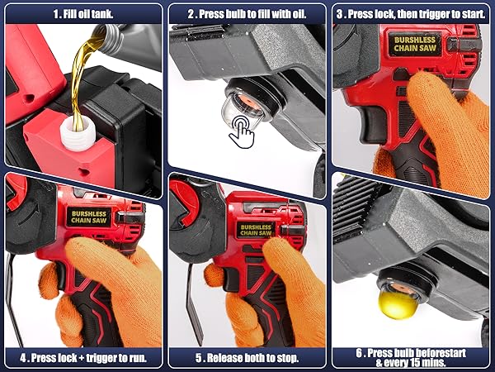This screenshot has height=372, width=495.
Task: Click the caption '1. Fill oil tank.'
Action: click(x=82, y=14)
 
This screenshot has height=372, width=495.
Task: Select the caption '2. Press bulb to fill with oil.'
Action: click(x=248, y=14)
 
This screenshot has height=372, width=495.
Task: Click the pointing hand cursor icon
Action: click(x=242, y=131)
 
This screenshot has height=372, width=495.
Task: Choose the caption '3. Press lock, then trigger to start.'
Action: click(x=412, y=14)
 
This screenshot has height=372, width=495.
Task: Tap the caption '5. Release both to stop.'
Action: click(x=247, y=358)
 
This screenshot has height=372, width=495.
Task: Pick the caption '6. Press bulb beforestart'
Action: click(x=412, y=352)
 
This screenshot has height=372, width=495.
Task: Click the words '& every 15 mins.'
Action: click(x=412, y=363)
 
